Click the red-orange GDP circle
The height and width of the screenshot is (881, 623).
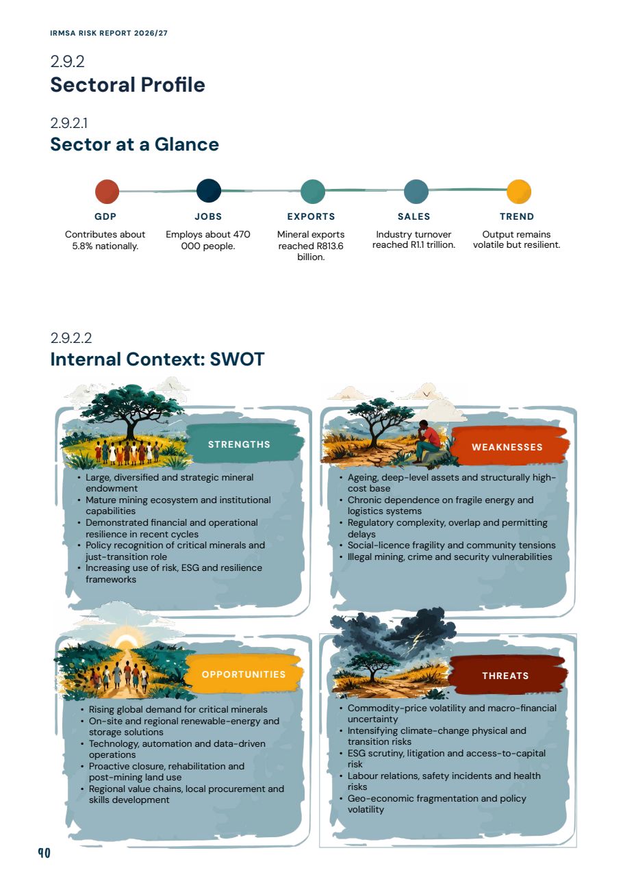click(x=107, y=192)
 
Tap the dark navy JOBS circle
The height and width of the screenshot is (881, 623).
click(x=208, y=191)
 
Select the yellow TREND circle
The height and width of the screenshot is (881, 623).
click(x=519, y=192)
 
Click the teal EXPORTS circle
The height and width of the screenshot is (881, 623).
click(x=313, y=192)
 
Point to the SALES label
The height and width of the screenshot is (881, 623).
click(x=414, y=217)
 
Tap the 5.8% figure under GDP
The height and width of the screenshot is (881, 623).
click(x=83, y=246)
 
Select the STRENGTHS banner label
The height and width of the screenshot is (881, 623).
click(x=239, y=444)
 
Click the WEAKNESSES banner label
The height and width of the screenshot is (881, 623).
click(x=507, y=447)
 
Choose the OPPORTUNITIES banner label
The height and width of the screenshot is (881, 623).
click(x=244, y=674)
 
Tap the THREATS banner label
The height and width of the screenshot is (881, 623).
click(x=505, y=676)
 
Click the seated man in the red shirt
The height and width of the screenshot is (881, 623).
click(x=427, y=441)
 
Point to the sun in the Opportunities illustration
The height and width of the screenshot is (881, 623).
click(x=126, y=641)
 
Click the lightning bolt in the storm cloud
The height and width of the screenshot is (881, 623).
click(x=419, y=637)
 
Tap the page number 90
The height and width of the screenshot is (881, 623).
click(x=44, y=854)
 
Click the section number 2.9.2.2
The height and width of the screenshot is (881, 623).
click(x=71, y=338)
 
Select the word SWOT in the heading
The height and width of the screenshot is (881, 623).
click(x=237, y=359)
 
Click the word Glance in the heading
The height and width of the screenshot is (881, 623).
click(x=186, y=144)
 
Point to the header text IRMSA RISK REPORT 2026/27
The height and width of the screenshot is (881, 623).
click(x=109, y=33)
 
